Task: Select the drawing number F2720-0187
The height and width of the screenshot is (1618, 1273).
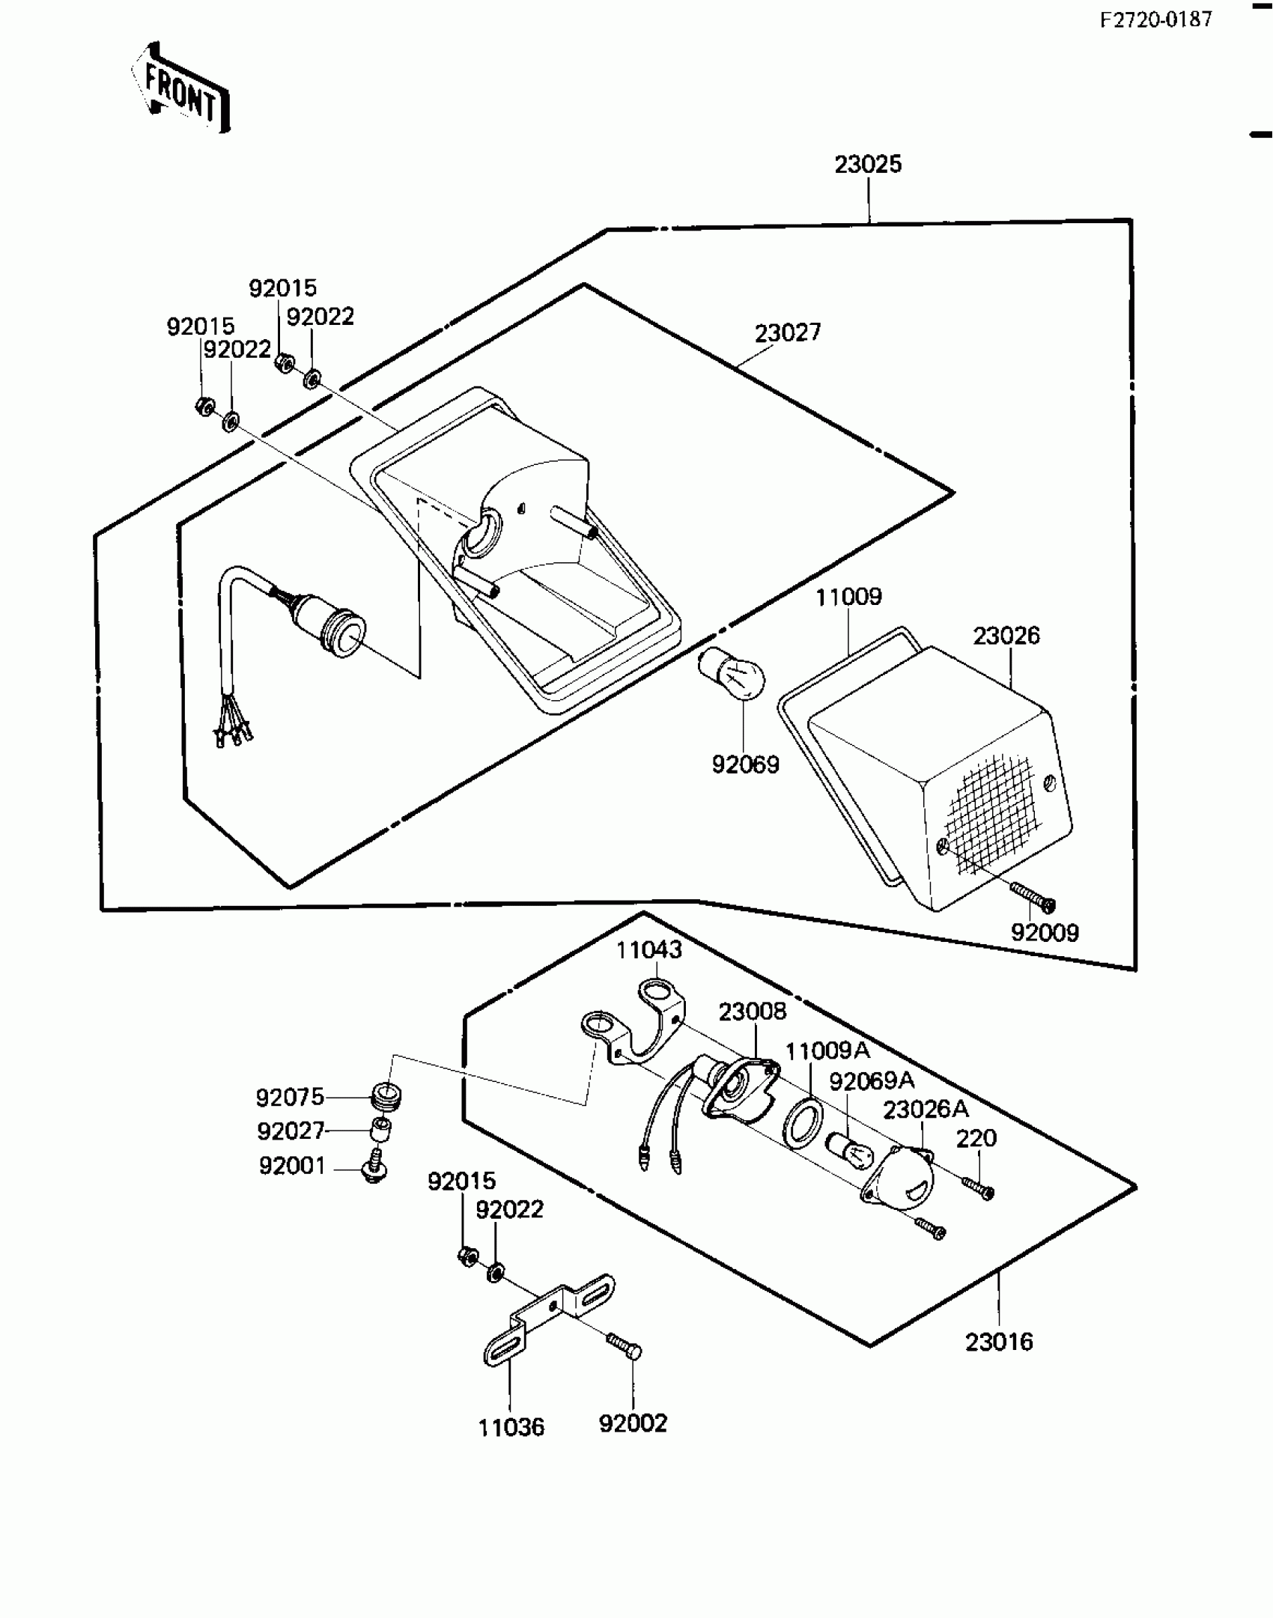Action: click(1155, 19)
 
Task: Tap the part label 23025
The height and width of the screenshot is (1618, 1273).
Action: click(868, 165)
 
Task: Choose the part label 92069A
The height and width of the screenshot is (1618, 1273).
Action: click(872, 1080)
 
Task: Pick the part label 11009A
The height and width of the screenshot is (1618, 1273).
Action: click(827, 1050)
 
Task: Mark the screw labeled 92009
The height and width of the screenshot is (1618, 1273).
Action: click(1033, 896)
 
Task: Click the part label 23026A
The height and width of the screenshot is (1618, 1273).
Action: click(926, 1110)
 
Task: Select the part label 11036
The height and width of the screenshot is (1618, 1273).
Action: click(511, 1428)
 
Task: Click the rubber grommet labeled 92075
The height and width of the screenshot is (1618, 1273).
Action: click(387, 1098)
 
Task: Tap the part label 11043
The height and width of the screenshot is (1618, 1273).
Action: click(649, 950)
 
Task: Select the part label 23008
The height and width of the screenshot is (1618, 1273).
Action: click(753, 1012)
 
